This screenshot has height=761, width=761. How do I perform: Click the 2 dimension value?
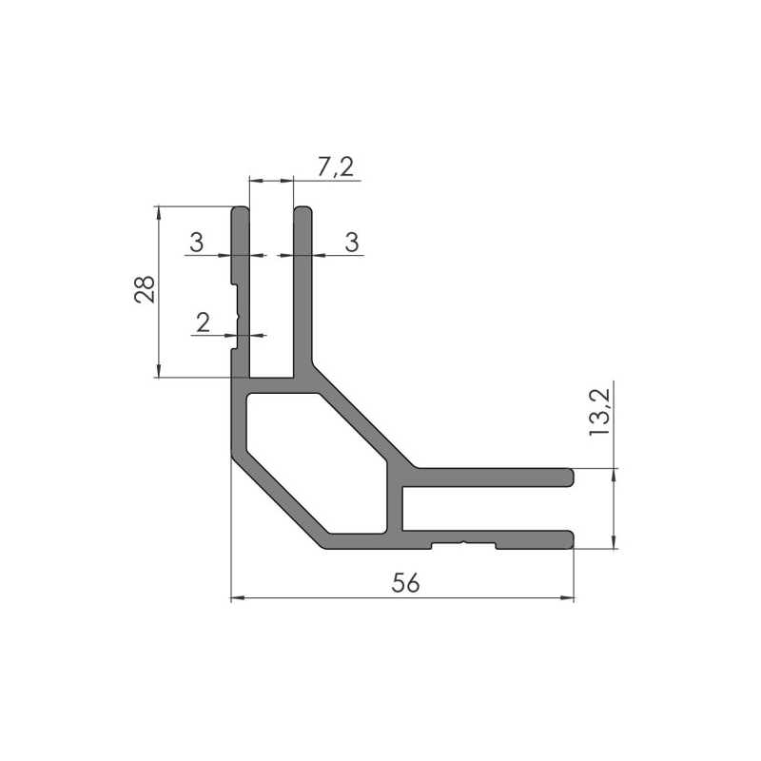coord(201,323)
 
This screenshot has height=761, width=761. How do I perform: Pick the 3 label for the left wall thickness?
coord(196,243)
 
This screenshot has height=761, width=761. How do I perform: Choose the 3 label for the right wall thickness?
coord(351,243)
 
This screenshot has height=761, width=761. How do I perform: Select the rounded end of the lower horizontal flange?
coord(570,539)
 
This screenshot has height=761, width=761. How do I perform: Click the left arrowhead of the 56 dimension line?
coord(236,598)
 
